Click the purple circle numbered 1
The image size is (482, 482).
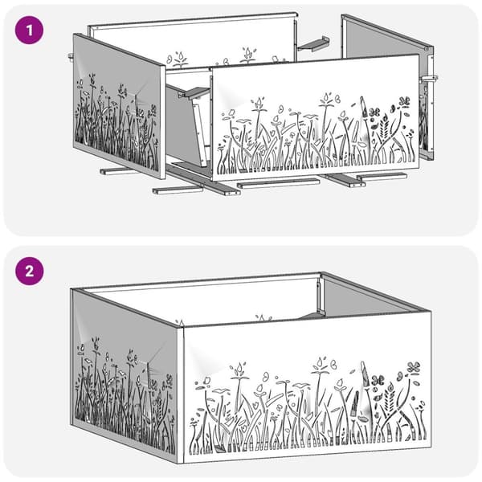click(29, 30)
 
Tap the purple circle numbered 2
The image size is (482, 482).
click(29, 272)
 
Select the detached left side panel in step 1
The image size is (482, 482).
click(119, 106)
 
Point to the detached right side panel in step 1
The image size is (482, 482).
click(388, 87)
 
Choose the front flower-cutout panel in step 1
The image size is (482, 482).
click(315, 118)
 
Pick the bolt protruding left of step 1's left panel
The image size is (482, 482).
click(71, 56)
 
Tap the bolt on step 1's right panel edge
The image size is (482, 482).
click(430, 79)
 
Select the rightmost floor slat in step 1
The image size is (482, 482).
click(382, 176)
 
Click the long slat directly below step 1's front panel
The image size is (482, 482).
click(278, 183)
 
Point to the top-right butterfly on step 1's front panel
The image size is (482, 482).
click(404, 102)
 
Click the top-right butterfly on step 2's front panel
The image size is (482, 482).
click(414, 368)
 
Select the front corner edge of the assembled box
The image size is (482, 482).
click(181, 394)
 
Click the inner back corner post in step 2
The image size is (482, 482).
click(320, 295)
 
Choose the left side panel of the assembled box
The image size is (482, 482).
click(125, 376)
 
